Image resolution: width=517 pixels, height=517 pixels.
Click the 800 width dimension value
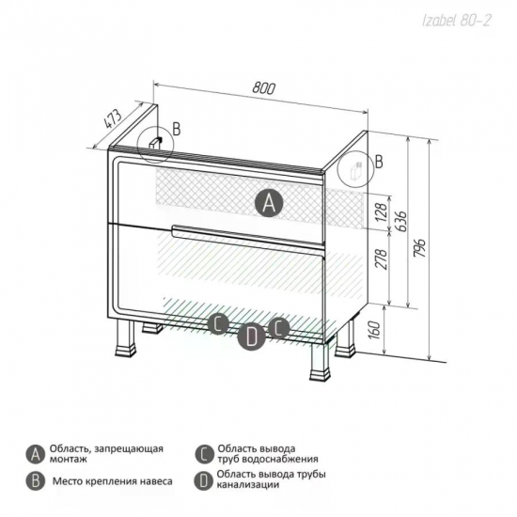[263, 88]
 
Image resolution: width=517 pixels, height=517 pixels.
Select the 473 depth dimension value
[113, 118]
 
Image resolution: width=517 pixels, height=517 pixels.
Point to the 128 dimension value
[381, 212]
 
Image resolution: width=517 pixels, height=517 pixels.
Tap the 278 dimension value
[381, 259]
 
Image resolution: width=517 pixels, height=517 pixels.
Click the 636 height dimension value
[401, 222]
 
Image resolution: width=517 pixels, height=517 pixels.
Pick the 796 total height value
[421, 247]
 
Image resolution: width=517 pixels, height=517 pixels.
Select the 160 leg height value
[375, 330]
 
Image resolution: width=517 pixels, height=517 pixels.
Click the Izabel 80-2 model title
[457, 21]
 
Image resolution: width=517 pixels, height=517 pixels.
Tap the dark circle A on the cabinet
[269, 202]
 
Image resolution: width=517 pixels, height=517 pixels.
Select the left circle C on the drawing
[218, 323]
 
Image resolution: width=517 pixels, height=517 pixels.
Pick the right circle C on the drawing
[278, 328]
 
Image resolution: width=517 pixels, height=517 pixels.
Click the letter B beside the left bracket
[177, 129]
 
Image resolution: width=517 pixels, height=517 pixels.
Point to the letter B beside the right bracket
[379, 162]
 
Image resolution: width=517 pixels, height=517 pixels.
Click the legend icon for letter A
[36, 454]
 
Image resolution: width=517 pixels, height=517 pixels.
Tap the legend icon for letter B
[36, 480]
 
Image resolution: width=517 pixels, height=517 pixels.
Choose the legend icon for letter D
[204, 480]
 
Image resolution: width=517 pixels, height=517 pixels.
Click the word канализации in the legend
[248, 485]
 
